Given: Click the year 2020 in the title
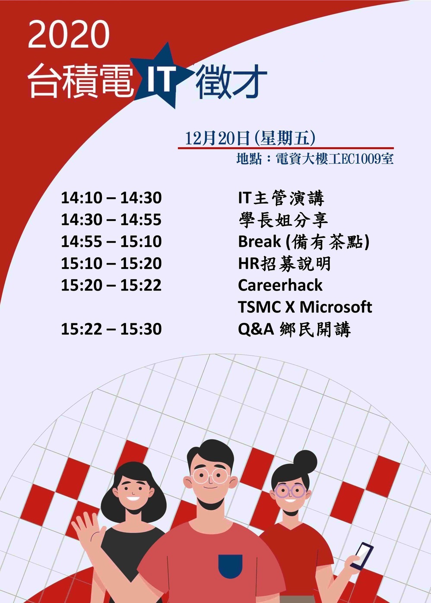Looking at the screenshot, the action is [69, 35].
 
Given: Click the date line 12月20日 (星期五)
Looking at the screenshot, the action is [250, 139].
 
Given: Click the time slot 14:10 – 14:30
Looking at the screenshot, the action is [111, 198].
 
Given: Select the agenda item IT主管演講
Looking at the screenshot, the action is [281, 198].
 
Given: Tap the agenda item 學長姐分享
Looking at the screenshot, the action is [283, 220].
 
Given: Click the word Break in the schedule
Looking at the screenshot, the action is [260, 241].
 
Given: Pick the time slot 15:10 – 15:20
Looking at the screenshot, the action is [111, 263].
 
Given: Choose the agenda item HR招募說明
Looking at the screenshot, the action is [285, 264].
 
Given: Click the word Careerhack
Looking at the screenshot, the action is [280, 285].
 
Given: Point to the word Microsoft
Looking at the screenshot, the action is [336, 307].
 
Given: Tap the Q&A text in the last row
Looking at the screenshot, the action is [256, 329].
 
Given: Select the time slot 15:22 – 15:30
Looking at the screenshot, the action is [111, 329].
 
